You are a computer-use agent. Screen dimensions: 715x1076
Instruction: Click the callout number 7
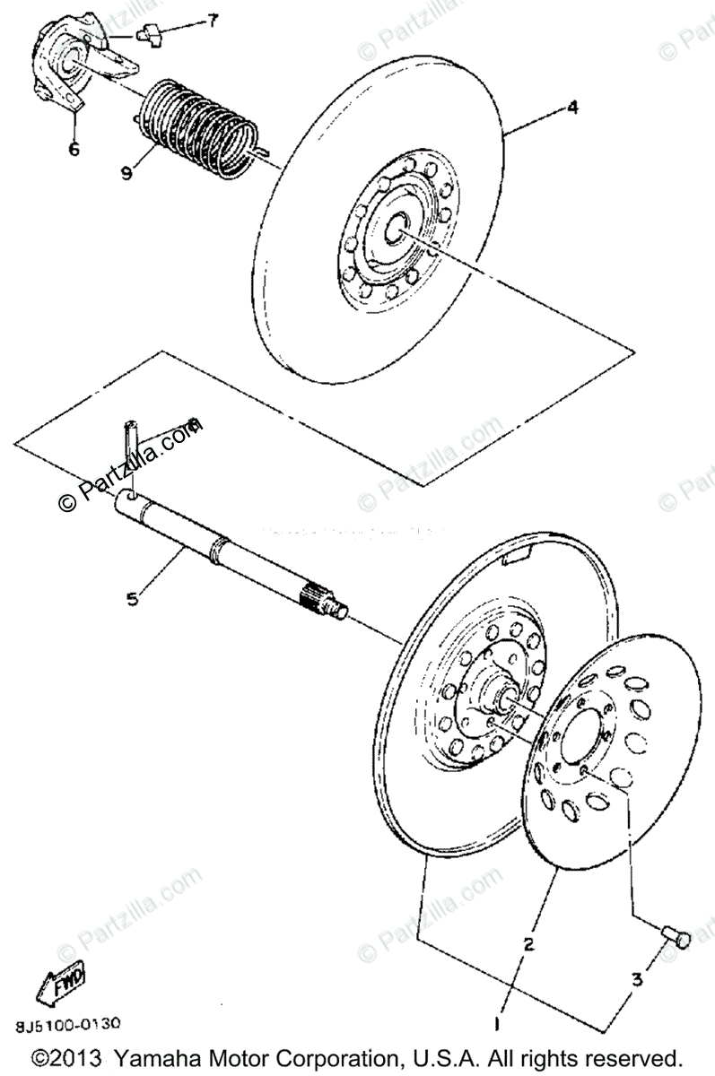[212, 21]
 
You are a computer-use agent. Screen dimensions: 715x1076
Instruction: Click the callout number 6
[73, 149]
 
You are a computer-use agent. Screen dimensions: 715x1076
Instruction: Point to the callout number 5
[133, 599]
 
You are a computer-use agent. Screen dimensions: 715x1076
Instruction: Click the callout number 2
[529, 944]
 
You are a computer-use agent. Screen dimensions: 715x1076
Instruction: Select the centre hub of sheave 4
[391, 231]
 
